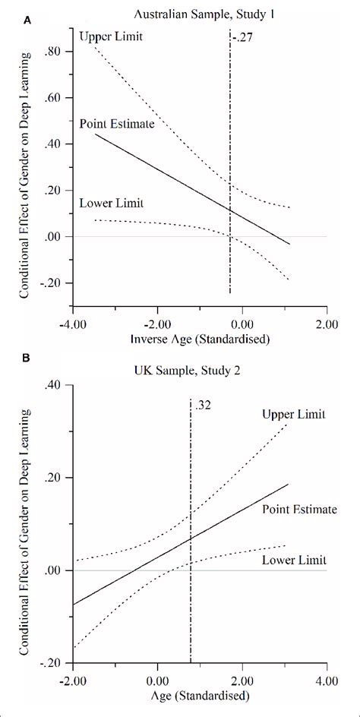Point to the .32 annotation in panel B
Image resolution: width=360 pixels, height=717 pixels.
tap(203, 406)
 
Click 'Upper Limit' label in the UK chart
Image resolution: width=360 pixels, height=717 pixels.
tap(293, 414)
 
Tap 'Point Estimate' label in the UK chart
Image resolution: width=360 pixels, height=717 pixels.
tap(298, 507)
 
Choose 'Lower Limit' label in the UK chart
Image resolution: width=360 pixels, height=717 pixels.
tap(293, 561)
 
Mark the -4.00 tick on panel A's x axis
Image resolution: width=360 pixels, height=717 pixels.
tap(73, 321)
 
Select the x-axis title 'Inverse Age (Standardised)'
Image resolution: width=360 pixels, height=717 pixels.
tap(199, 337)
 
